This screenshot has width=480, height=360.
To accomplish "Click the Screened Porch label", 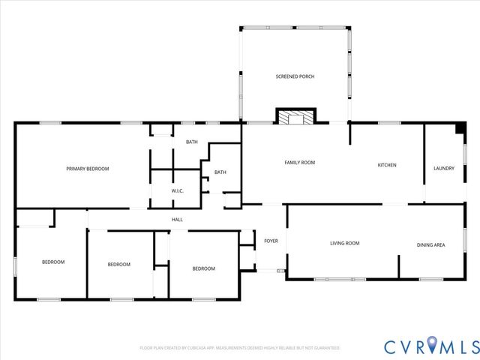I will pyautogui.click(x=295, y=76).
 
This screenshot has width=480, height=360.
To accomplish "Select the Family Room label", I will pyautogui.click(x=298, y=163).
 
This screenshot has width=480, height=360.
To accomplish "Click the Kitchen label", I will pyautogui.click(x=386, y=165).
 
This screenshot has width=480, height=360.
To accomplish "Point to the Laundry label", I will pyautogui.click(x=444, y=168).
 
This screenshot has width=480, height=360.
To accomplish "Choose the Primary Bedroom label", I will pyautogui.click(x=88, y=169).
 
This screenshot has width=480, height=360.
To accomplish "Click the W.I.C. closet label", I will pyautogui.click(x=177, y=190).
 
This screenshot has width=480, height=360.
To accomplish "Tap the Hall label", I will pyautogui.click(x=177, y=219).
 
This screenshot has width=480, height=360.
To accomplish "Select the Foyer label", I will pyautogui.click(x=271, y=241).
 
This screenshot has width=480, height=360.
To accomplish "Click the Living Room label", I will pyautogui.click(x=345, y=243).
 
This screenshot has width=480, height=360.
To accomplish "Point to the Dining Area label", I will pyautogui.click(x=430, y=244).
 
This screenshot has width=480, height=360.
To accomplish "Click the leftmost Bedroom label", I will pyautogui.click(x=52, y=262).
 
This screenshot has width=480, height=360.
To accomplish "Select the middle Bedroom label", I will pyautogui.click(x=118, y=264).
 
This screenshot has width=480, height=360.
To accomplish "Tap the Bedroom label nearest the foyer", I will pyautogui.click(x=203, y=268).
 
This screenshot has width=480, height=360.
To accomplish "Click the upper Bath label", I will pyautogui.click(x=192, y=142).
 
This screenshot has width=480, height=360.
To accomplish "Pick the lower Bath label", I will pyautogui.click(x=220, y=172).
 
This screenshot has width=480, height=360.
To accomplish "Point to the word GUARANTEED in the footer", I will pyautogui.click(x=326, y=348).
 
